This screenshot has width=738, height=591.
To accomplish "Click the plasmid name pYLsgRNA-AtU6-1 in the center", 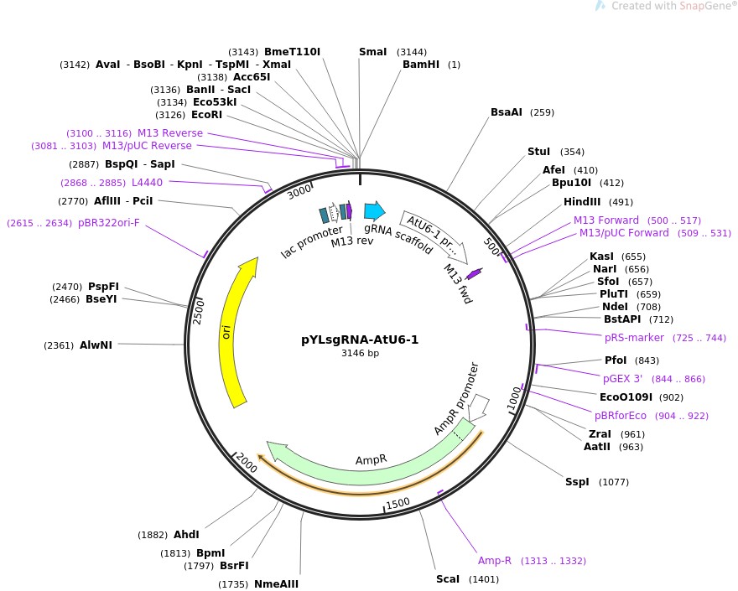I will click(359, 340).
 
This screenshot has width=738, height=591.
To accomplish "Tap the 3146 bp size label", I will click(359, 354).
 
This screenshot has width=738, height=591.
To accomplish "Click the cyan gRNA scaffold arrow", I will click(374, 211).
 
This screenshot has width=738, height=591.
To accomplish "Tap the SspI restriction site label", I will click(577, 482).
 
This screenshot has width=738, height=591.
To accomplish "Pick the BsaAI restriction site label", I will click(509, 112).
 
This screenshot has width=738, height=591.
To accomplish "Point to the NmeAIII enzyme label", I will click(276, 584).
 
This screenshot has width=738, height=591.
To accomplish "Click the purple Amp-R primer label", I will click(494, 560).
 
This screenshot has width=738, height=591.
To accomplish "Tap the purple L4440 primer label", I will click(147, 182).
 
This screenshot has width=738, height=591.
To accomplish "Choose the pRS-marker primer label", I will click(634, 338).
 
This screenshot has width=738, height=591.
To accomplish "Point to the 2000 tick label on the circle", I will click(247, 461).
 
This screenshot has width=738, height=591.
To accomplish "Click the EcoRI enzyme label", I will click(206, 114).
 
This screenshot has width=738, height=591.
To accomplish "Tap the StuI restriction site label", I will click(538, 152).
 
